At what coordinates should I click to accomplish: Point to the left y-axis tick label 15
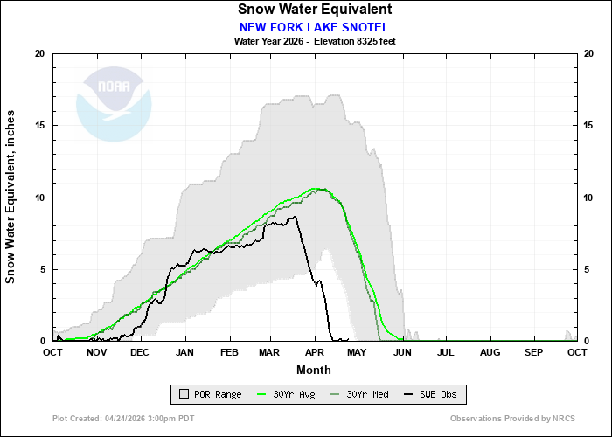(38, 125)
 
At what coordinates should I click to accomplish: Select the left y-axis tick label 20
(38, 53)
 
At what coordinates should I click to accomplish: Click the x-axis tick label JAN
(184, 352)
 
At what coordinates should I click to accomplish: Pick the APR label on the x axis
(315, 352)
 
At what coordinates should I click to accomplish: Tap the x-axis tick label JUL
(446, 352)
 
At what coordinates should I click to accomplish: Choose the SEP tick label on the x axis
(533, 352)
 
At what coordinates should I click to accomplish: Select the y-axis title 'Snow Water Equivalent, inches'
(11, 197)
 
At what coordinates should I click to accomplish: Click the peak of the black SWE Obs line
(295, 217)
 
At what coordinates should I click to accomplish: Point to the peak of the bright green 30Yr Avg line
(316, 188)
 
